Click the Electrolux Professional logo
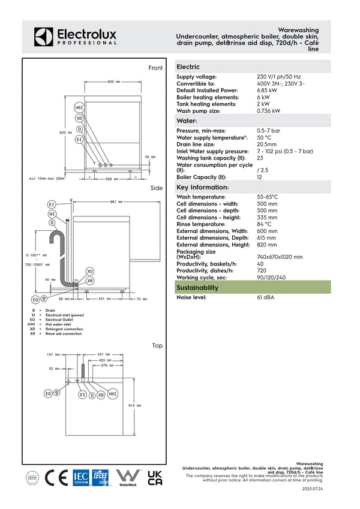[x=75, y=36]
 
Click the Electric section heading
[x=188, y=67]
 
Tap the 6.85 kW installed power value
[x=267, y=91]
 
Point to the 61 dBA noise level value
[x=266, y=297]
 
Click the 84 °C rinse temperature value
[x=265, y=224]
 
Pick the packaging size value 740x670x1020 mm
[x=280, y=257]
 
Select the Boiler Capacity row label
[x=202, y=177]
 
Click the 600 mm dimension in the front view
[x=113, y=82]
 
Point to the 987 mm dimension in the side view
[x=116, y=202]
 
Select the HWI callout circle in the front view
[x=79, y=108]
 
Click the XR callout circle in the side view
[x=90, y=281]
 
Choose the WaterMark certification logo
[x=128, y=478]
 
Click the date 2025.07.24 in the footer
[x=313, y=489]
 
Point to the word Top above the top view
[x=157, y=345]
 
